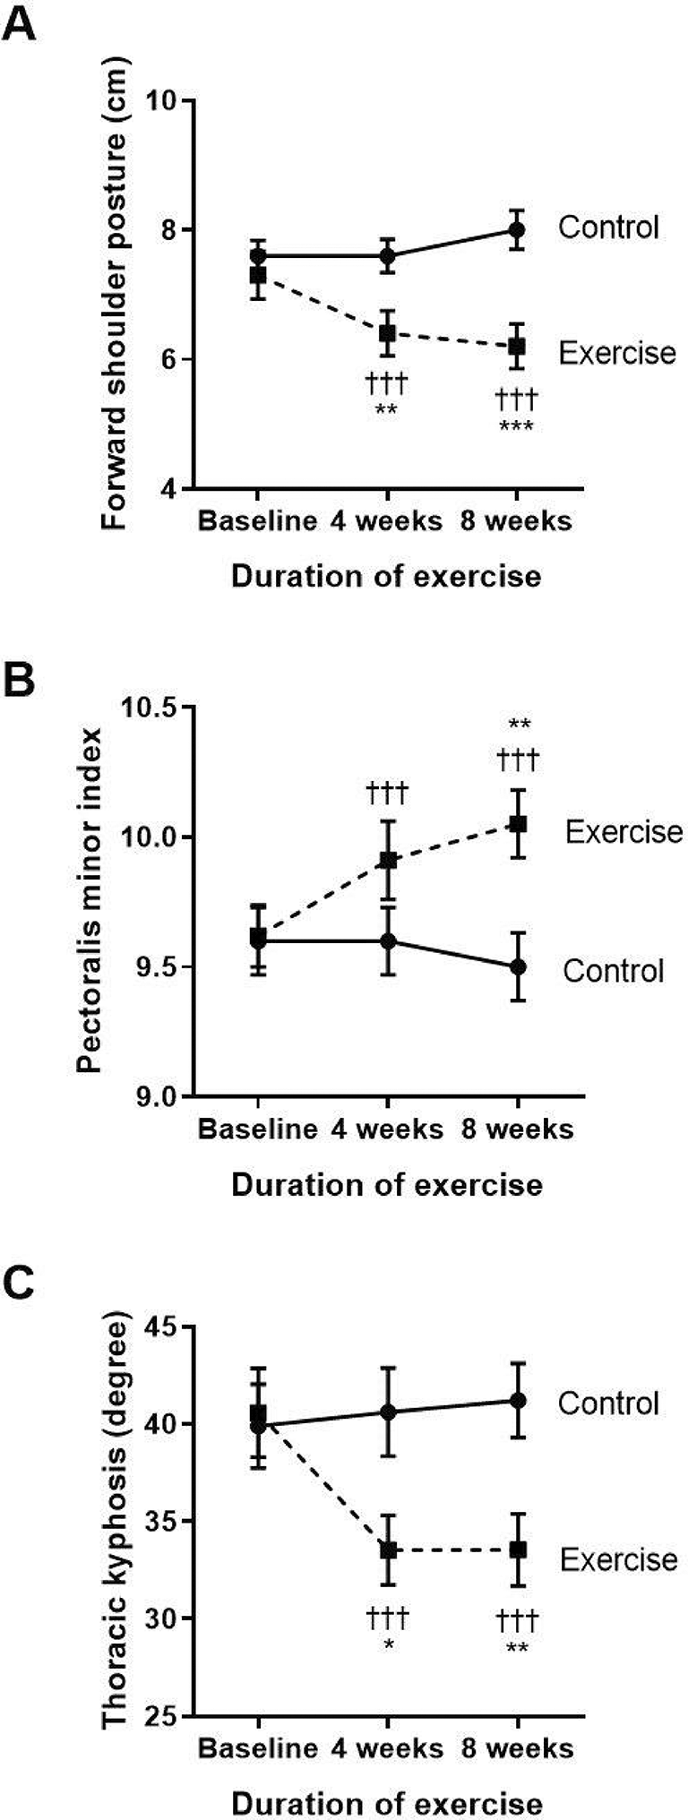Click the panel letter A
click(x=20, y=23)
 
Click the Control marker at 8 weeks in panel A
click(x=517, y=230)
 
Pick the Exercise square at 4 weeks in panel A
click(x=387, y=333)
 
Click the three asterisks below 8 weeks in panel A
click(x=517, y=426)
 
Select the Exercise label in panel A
click(x=616, y=353)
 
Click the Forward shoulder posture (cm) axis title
click(x=115, y=294)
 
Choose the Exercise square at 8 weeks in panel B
click(x=517, y=824)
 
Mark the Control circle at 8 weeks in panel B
click(x=517, y=967)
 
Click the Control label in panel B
click(x=613, y=971)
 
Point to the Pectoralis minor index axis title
click(x=89, y=899)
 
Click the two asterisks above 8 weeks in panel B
click(x=518, y=725)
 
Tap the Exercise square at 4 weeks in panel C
click(x=388, y=1550)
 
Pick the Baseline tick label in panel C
click(x=257, y=1747)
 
